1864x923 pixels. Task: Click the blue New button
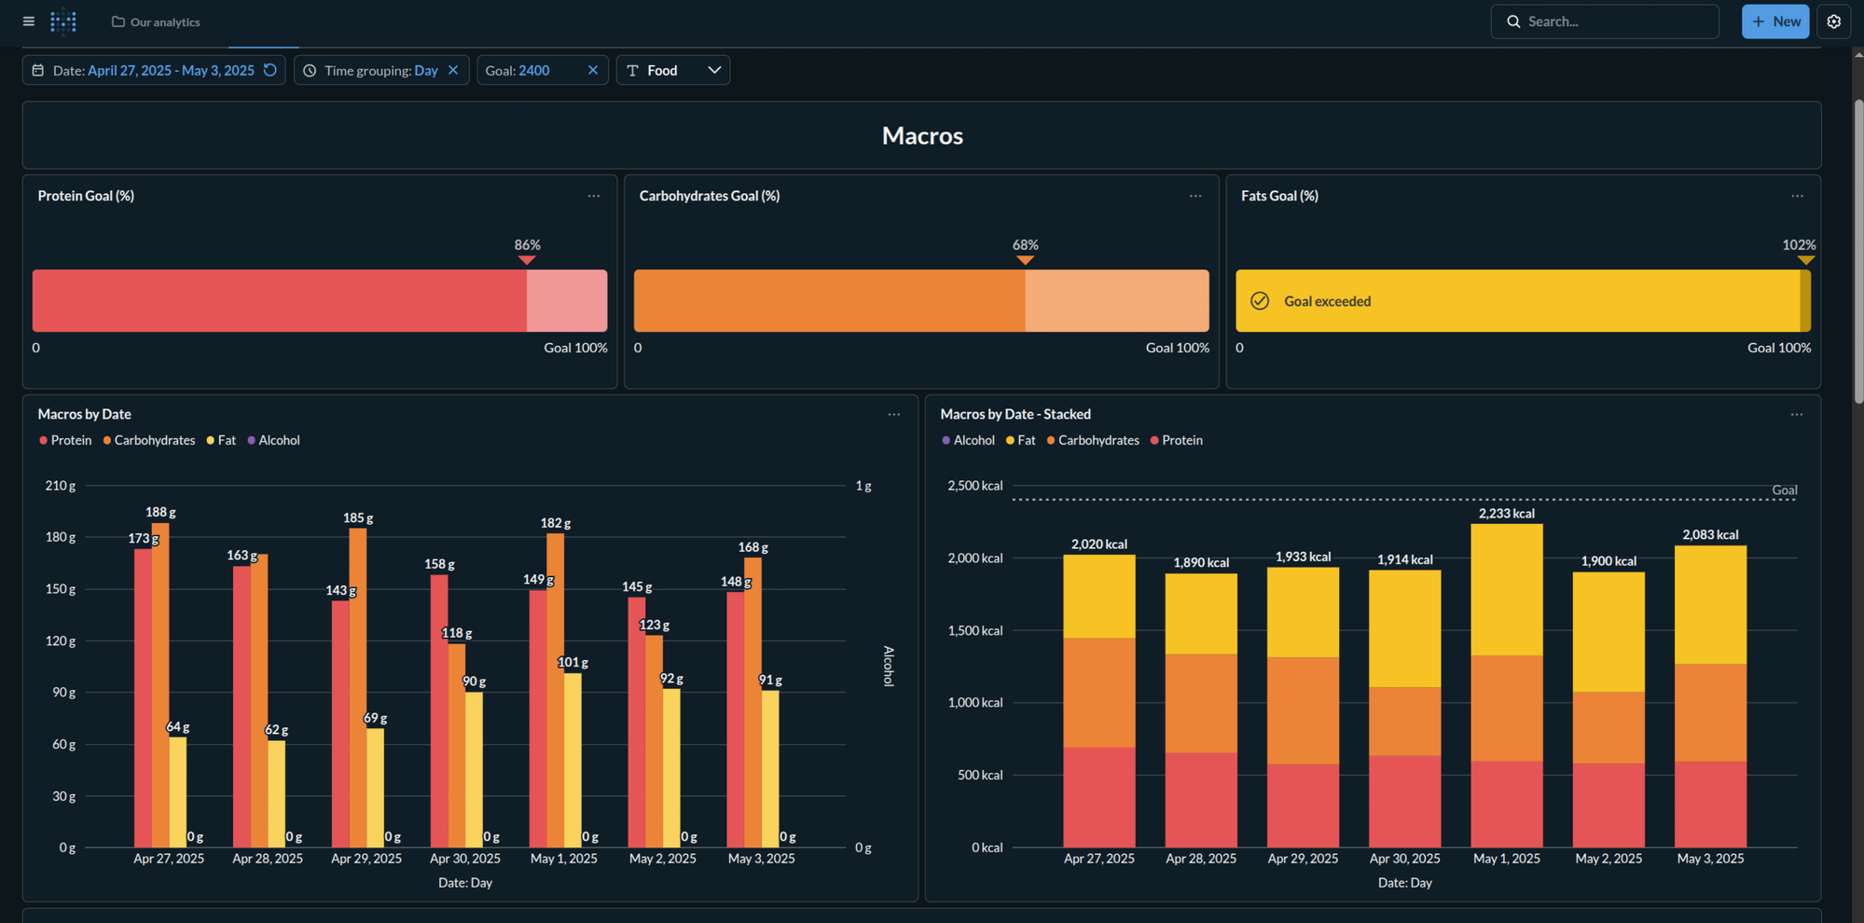coord(1774,21)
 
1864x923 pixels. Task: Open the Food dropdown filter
coord(672,70)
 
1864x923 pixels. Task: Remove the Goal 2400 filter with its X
coord(592,70)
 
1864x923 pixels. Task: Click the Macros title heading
coord(921,136)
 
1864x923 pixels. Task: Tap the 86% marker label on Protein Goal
coord(527,244)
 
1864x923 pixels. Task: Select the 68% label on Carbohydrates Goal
coord(1025,244)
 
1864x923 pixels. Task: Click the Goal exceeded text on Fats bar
coord(1327,301)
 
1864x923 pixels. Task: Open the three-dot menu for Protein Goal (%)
coord(593,196)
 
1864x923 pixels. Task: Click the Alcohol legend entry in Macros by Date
coord(278,440)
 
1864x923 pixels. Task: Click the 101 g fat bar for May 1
coord(573,760)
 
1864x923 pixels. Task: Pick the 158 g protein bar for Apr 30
coord(438,713)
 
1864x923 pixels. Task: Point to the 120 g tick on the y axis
coord(61,641)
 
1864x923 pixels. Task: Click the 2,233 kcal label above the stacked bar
coord(1506,514)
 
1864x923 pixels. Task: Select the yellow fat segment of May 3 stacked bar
coord(1709,606)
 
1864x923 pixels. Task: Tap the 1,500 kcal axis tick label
coord(974,630)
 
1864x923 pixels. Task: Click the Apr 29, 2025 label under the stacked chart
coord(1302,858)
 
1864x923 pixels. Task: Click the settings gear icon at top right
coord(1833,21)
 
